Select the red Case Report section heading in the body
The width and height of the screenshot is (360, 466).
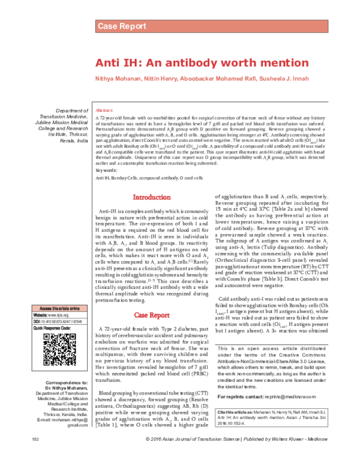[152, 315]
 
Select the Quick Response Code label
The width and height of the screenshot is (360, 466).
[54, 328]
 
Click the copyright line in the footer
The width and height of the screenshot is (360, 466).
[238, 457]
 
